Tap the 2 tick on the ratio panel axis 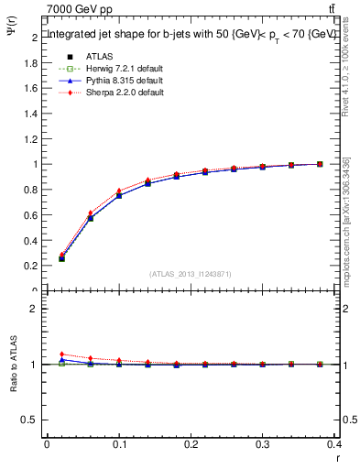(34, 309)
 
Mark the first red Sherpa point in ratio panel (61, 354)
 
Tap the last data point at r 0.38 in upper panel (320, 164)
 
